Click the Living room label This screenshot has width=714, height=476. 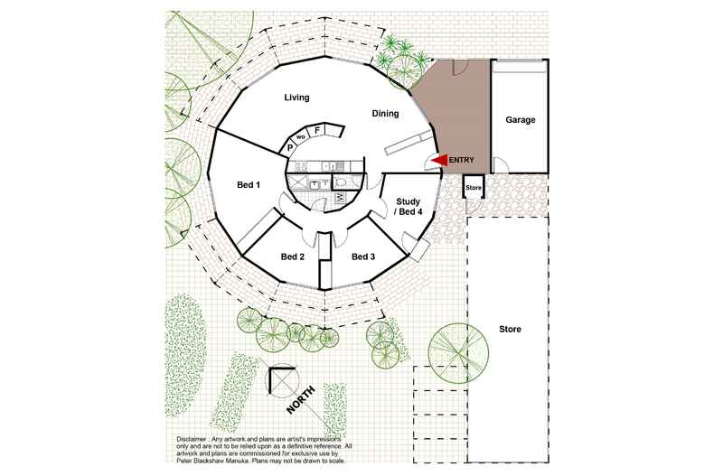[296, 98]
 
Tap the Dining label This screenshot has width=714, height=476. [385, 113]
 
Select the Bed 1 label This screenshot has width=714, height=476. [249, 185]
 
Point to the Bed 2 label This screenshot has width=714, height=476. [292, 257]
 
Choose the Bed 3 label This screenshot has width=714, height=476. [363, 257]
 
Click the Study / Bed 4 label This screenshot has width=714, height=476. [408, 207]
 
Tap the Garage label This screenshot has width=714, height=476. [520, 120]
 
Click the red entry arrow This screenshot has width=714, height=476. [439, 160]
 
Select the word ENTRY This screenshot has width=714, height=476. [461, 160]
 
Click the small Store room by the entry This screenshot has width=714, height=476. [474, 187]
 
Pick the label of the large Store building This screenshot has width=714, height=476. [510, 329]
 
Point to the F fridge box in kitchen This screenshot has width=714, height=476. [317, 131]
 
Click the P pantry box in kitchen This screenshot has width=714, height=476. [289, 147]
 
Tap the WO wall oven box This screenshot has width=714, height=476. [301, 136]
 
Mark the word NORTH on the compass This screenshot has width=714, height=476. [301, 400]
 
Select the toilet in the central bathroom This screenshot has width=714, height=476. [342, 182]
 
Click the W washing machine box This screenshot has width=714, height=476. [340, 198]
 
